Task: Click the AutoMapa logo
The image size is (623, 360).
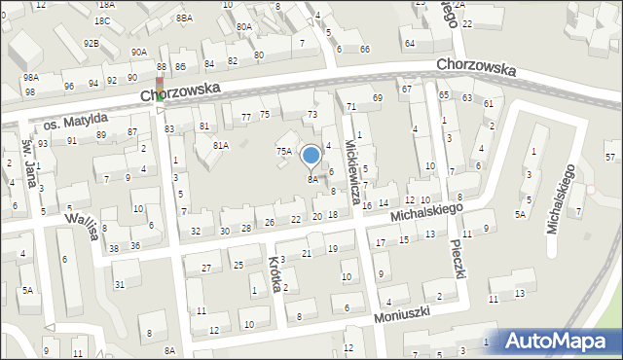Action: (x=560, y=341)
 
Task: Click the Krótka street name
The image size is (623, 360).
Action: (x=276, y=274)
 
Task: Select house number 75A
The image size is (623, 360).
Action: (x=283, y=151)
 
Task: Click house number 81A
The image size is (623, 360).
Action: (x=221, y=145)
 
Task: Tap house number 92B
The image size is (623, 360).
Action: (x=91, y=44)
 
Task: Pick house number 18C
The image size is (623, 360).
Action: (x=102, y=20)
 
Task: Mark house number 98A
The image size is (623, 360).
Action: (x=31, y=76)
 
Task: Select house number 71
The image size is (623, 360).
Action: (x=351, y=105)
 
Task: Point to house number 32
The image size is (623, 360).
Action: (x=196, y=231)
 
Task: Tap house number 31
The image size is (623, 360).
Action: (x=120, y=284)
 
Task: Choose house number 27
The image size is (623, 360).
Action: (x=205, y=268)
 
